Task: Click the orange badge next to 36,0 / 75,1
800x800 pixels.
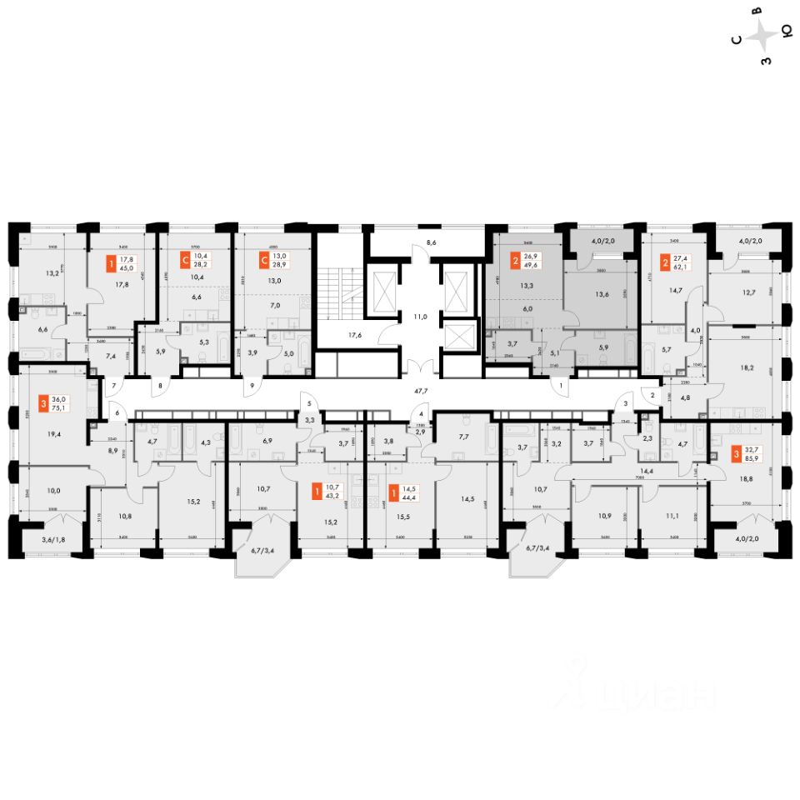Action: (43, 406)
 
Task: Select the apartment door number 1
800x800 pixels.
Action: (562, 386)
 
